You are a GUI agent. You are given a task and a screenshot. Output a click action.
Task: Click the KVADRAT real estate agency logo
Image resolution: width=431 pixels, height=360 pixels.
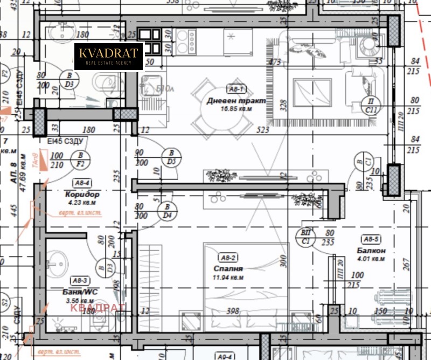[x=109, y=57]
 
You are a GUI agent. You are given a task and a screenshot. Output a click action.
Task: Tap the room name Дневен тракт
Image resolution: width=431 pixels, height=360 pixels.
[x=229, y=101]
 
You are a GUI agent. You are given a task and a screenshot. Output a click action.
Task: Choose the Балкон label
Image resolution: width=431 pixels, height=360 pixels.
[x=371, y=251]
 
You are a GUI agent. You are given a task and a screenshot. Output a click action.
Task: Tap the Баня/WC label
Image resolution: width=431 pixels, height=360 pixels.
[x=80, y=292]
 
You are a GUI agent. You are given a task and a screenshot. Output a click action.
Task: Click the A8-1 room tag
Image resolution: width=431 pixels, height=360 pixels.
[x=237, y=89]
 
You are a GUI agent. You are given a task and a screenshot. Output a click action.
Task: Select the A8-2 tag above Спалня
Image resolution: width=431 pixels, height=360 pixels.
[x=229, y=257]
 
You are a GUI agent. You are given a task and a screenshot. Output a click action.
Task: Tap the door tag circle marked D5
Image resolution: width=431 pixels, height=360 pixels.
[x=171, y=157]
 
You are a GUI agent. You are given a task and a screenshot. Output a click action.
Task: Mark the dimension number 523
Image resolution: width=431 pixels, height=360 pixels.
[x=263, y=130]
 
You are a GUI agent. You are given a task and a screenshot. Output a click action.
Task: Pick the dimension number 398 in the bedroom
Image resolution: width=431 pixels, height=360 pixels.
[x=233, y=311]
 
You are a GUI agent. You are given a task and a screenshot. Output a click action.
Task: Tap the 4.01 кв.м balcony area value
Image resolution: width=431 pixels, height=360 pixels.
[x=372, y=259]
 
